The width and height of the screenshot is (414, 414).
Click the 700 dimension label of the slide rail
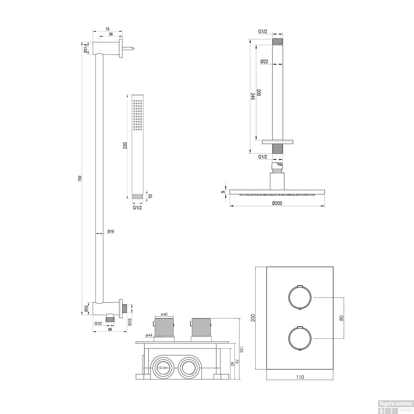pos(80,179)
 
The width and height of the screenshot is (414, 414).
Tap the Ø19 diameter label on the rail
pos(111,231)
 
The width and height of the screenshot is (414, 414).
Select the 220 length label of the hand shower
pos(125,145)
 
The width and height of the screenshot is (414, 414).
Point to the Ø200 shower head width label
pos(277,203)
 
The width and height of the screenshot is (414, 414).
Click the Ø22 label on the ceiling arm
pos(264,62)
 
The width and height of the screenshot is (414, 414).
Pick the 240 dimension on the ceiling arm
pos(252,96)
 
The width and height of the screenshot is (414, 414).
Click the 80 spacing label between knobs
pos(341,318)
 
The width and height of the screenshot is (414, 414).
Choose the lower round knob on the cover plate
pos(300,338)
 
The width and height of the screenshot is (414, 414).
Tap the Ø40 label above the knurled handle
pos(164,314)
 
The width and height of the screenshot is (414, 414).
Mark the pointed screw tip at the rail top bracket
pos(133,49)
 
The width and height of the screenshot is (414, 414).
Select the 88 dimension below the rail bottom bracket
pos(110,329)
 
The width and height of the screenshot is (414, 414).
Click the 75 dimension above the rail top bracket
pos(107,29)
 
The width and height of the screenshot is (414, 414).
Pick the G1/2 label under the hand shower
pos(137,208)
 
